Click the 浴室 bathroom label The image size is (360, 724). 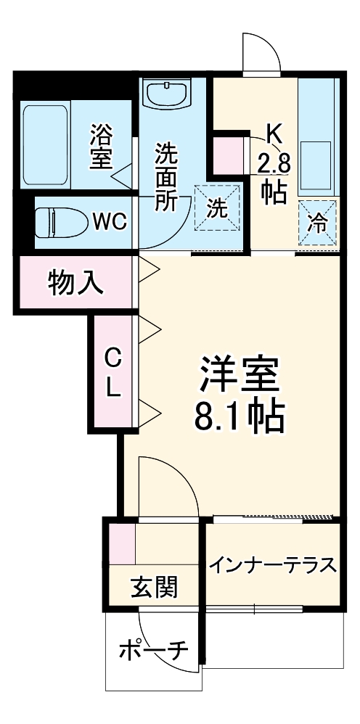click(100, 148)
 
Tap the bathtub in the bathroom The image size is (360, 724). click(45, 144)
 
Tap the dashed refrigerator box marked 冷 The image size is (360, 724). click(317, 223)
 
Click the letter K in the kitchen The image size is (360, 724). click(274, 132)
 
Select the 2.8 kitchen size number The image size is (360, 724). click(273, 163)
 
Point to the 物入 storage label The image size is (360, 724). click(75, 284)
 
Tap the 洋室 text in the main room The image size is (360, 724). click(239, 374)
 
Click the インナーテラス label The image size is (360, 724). click(273, 564)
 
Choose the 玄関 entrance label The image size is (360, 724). click(154, 585)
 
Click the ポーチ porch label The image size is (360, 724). click(153, 650)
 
